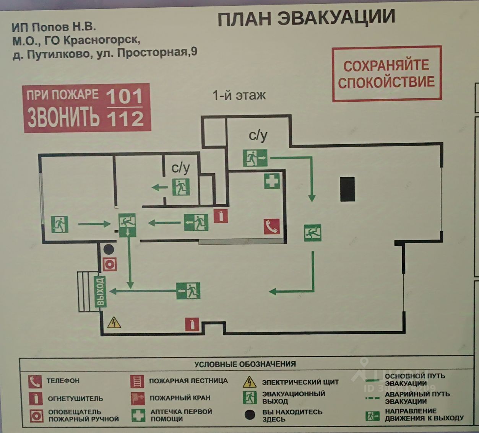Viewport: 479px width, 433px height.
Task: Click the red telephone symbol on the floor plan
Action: click(x=271, y=226)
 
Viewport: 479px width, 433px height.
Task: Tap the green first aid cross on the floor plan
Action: click(x=272, y=181)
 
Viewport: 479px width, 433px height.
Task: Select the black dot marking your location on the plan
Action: click(x=109, y=250)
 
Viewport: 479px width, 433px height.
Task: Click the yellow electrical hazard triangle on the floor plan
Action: click(x=114, y=323)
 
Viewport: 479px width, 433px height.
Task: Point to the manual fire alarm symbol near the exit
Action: click(x=110, y=264)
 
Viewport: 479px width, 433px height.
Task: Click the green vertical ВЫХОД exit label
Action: click(x=100, y=291)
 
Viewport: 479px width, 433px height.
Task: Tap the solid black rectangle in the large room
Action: click(x=347, y=189)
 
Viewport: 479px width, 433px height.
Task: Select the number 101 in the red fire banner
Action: click(x=125, y=96)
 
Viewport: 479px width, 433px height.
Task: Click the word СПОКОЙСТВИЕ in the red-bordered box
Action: click(x=386, y=82)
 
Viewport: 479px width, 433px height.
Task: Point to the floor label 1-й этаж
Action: click(x=239, y=95)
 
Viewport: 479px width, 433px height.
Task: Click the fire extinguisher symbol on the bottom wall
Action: click(x=192, y=324)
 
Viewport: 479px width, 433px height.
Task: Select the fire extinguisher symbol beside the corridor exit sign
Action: click(x=221, y=216)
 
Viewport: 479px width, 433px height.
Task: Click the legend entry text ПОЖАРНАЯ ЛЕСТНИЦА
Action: click(x=188, y=381)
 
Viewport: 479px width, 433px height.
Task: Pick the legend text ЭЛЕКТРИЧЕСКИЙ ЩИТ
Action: click(x=300, y=382)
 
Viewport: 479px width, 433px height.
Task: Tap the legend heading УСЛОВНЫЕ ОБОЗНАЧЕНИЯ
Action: click(x=245, y=364)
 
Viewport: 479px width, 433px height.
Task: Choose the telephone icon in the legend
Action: click(x=35, y=381)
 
